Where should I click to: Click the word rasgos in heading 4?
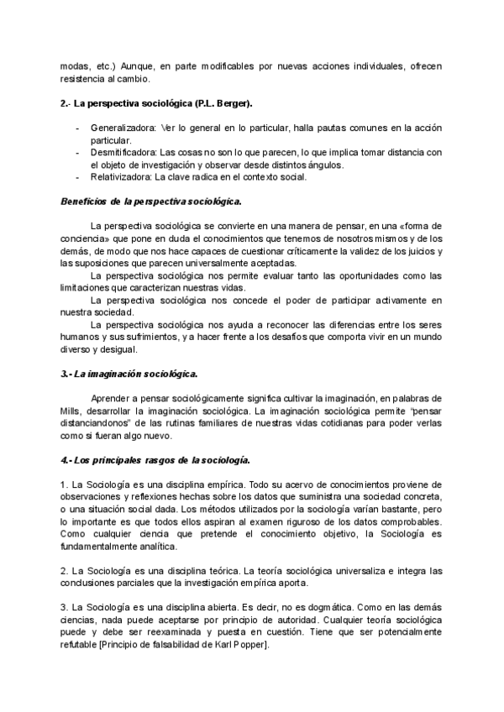(151, 460)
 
